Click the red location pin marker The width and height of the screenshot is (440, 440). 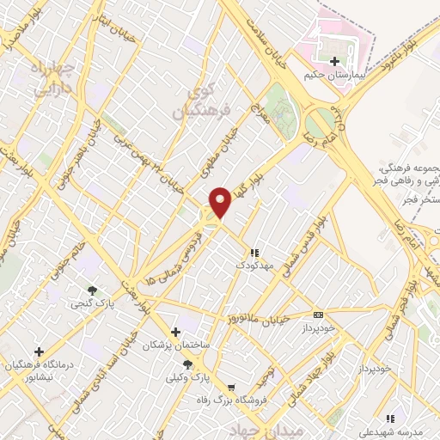(221, 202)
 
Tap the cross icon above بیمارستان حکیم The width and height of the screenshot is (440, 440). (334, 61)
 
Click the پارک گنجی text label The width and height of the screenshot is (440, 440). (91, 303)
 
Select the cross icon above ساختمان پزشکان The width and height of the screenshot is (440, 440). (175, 332)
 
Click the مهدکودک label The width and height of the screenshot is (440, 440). (254, 266)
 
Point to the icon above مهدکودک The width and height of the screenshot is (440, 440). (254, 254)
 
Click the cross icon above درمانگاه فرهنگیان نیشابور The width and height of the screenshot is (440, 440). (39, 351)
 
